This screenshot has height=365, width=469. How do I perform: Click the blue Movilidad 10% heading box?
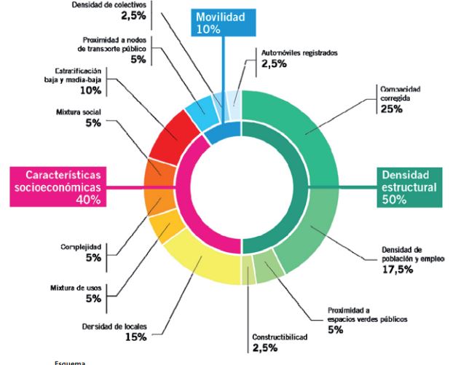pos(220,22)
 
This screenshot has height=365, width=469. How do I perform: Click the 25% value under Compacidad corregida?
pos(390,109)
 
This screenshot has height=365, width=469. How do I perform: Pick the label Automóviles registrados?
pos(299,53)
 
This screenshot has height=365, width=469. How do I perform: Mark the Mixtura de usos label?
pos(81,286)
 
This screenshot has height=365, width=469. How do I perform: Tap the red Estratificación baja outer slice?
pos(175,136)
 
